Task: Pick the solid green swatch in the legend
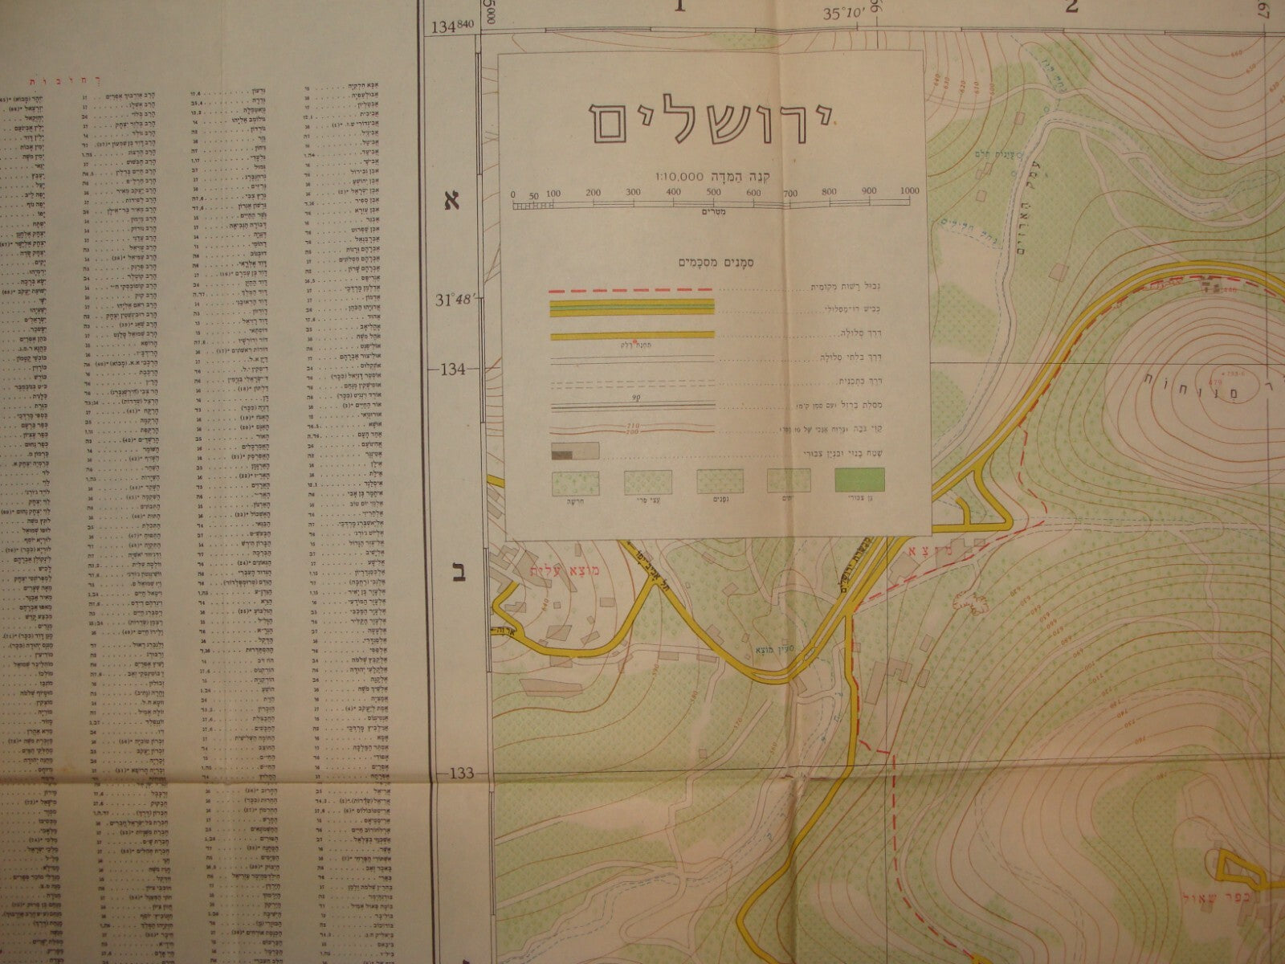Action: tap(860, 481)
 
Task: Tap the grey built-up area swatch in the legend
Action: tap(573, 451)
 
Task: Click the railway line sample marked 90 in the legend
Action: tap(630, 405)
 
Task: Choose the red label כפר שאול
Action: tap(1241, 915)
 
